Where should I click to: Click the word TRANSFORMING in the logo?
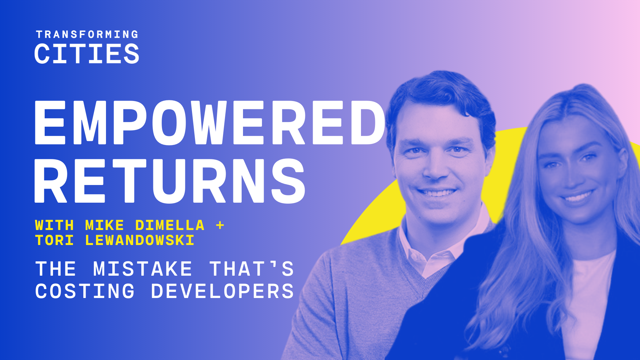(x=87, y=34)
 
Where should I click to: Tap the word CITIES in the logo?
(x=87, y=54)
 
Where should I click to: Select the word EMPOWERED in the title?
(x=210, y=122)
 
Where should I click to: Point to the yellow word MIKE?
(x=105, y=225)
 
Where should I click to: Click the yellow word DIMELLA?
(x=170, y=225)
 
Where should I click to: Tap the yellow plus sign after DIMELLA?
(x=220, y=225)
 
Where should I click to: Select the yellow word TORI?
(x=54, y=240)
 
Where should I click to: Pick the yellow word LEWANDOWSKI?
(x=140, y=240)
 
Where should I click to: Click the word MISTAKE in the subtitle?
(x=143, y=269)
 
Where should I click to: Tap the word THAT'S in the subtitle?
(x=252, y=269)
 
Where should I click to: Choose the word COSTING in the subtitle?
(x=85, y=291)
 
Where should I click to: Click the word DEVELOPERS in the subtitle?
(x=222, y=291)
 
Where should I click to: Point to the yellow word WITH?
(x=54, y=225)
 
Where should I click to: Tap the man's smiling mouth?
(x=437, y=193)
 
